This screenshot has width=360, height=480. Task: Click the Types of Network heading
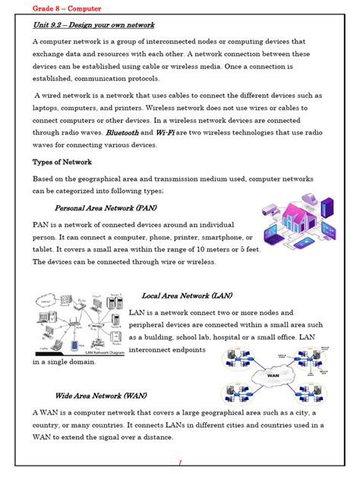click(62, 162)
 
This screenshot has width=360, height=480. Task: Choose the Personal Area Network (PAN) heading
click(105, 207)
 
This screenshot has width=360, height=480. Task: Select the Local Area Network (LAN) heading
click(187, 295)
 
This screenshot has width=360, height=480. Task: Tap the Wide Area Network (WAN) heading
click(101, 396)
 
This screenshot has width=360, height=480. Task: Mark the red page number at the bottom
click(180, 463)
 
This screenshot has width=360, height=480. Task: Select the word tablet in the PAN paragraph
click(44, 249)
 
